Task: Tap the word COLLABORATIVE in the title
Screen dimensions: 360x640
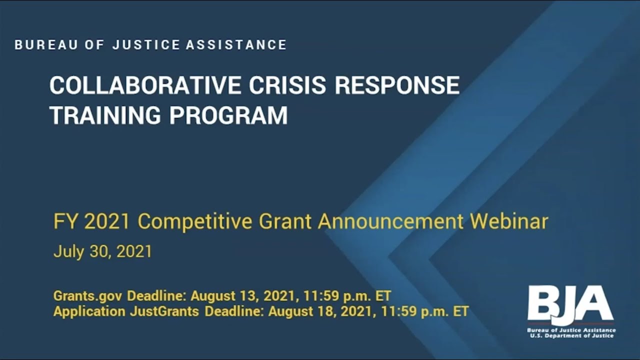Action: (145, 85)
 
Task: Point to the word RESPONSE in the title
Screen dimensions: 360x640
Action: (397, 85)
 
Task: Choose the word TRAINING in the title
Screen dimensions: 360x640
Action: (105, 115)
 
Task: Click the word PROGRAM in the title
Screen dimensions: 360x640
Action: (228, 115)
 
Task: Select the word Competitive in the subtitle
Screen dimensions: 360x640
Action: (195, 221)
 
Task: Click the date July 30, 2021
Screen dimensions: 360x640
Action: (102, 251)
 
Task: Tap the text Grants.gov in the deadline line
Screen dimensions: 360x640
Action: (87, 295)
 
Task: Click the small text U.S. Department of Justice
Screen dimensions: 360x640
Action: (571, 336)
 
